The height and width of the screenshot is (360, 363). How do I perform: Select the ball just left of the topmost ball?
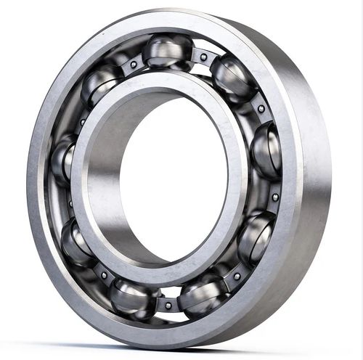click(102, 84)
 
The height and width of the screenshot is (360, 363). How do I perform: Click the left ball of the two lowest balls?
click(134, 297)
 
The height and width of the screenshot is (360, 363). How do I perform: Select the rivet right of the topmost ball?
click(204, 57)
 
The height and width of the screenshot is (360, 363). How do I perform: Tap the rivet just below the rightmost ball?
click(275, 197)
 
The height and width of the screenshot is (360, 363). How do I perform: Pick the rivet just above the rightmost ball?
click(261, 109)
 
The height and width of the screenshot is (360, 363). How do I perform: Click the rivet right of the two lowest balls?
click(237, 276)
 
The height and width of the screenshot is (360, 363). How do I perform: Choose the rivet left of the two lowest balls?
click(104, 275)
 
